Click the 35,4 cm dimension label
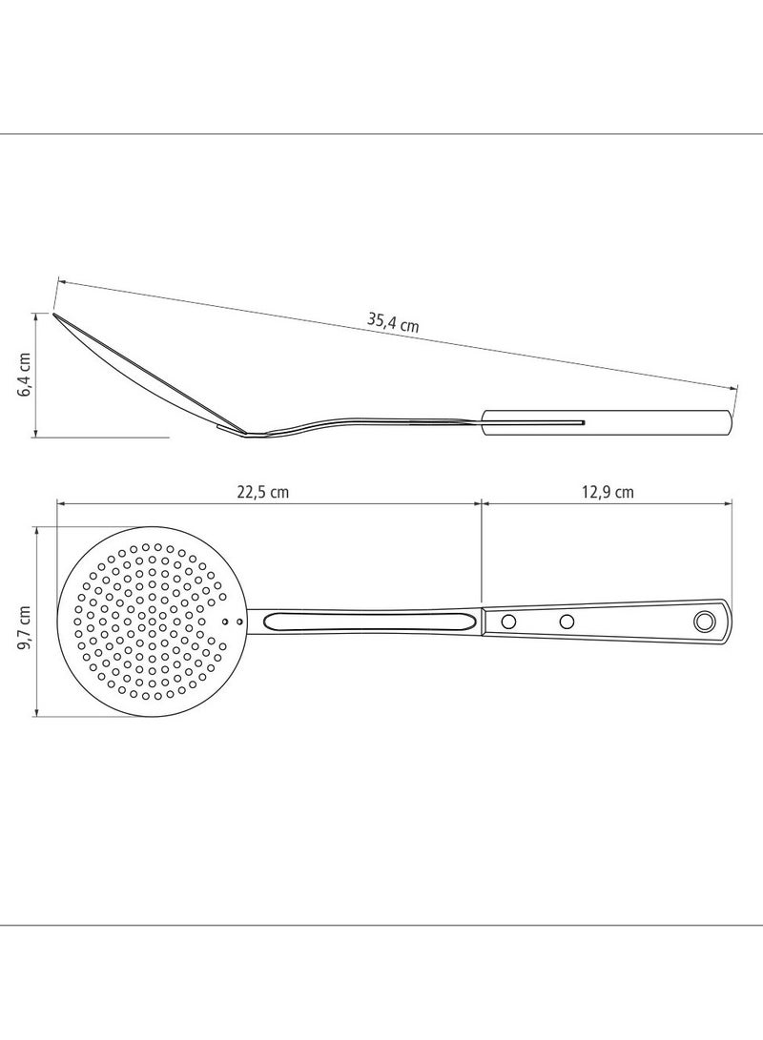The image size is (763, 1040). point(394,322)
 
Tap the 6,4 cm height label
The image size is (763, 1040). point(26,375)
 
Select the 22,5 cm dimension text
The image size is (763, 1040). point(263,492)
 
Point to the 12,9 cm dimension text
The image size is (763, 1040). point(608,492)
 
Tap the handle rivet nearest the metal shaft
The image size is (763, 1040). point(508,622)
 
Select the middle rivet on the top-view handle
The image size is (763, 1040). point(567,622)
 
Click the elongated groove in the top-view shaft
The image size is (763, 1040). point(369,622)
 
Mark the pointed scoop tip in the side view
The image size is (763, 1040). point(54,315)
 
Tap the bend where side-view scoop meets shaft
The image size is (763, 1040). point(250,435)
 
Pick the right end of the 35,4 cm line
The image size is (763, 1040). point(736,387)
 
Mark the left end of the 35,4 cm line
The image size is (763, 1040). point(58,281)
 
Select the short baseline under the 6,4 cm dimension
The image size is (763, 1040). point(105,438)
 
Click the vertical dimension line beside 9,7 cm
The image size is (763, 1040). point(36,622)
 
